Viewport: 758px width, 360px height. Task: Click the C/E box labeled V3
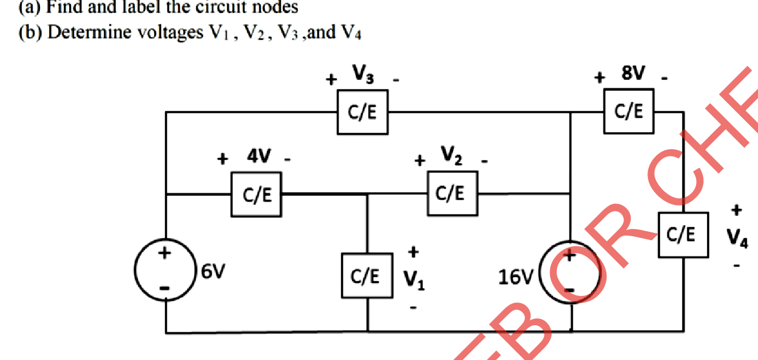click(362, 112)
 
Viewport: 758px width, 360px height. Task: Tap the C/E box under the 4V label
click(256, 194)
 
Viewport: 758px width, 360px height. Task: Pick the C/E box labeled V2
click(452, 193)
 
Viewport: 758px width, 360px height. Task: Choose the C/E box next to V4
click(683, 235)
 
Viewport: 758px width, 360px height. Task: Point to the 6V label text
click(213, 272)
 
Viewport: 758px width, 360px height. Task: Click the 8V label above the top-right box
click(632, 73)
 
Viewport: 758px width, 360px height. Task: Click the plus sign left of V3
click(331, 80)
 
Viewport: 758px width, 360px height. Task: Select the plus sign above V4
click(736, 210)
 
